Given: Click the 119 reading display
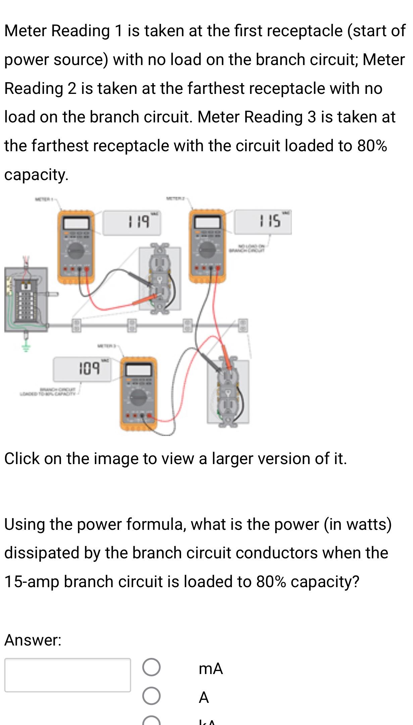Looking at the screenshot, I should [x=132, y=223].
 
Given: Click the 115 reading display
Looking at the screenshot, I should [x=263, y=222].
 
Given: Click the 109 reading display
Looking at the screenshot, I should [x=82, y=369].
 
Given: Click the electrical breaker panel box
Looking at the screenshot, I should [x=26, y=299].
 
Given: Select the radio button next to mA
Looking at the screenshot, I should [x=151, y=667].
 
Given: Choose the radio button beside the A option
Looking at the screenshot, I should [x=151, y=696].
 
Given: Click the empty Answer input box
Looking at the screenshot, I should [x=67, y=675].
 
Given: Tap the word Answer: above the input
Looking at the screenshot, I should [x=33, y=640].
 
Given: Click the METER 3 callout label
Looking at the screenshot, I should [x=106, y=345].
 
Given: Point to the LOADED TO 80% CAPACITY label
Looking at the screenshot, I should [x=49, y=391].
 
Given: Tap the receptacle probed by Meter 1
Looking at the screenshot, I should [x=160, y=279].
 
